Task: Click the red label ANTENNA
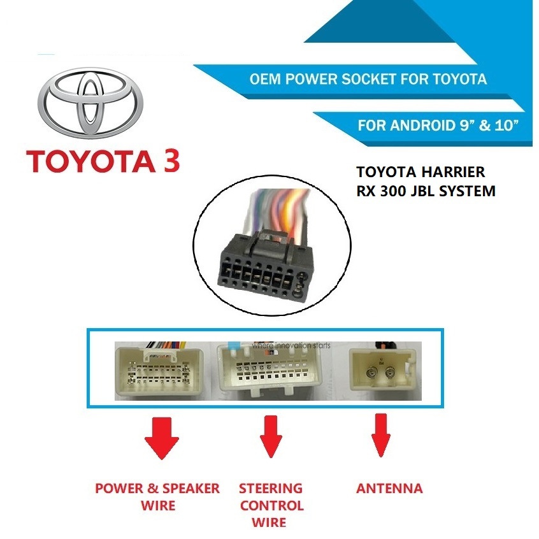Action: point(389,489)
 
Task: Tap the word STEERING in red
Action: point(271,489)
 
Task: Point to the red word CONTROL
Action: point(271,506)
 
